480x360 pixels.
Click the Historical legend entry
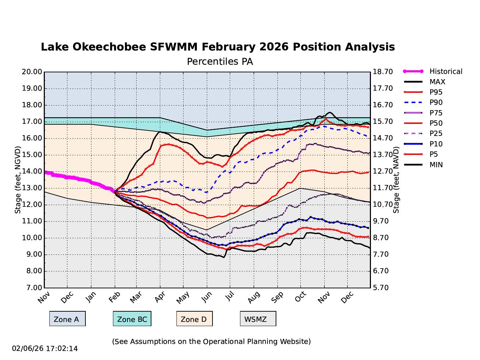pyautogui.click(x=445, y=72)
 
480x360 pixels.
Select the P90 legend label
pyautogui.click(x=436, y=103)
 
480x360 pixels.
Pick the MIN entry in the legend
pyautogui.click(x=436, y=165)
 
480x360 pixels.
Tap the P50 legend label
pyautogui.click(x=436, y=124)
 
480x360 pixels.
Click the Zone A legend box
pyautogui.click(x=67, y=319)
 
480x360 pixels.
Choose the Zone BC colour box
pyautogui.click(x=132, y=319)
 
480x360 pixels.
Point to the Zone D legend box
pyautogui.click(x=194, y=319)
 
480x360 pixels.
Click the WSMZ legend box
pyautogui.click(x=258, y=319)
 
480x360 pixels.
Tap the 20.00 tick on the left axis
pyautogui.click(x=32, y=72)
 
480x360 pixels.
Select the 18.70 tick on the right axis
pyautogui.click(x=383, y=72)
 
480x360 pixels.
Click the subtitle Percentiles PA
pyautogui.click(x=220, y=62)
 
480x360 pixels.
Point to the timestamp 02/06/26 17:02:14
pyautogui.click(x=45, y=349)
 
